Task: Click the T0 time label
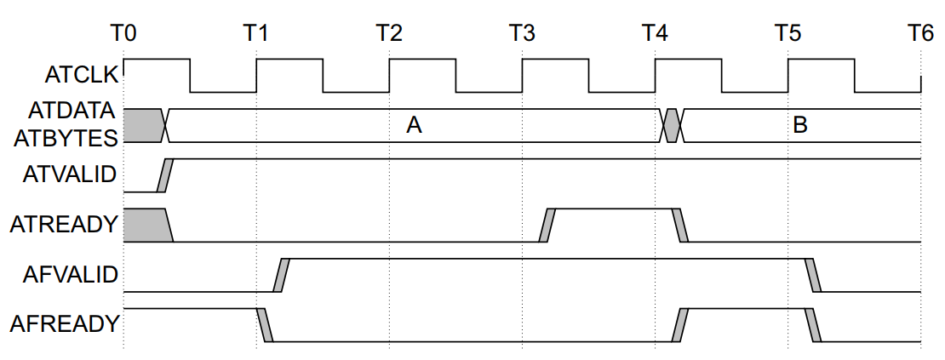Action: (x=123, y=33)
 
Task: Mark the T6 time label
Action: (x=919, y=33)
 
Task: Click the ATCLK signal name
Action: (x=82, y=76)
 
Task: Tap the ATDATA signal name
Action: (x=75, y=111)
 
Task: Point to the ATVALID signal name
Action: (x=72, y=175)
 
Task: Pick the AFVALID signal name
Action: (x=72, y=274)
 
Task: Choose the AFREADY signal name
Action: (x=65, y=323)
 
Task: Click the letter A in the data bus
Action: (x=414, y=126)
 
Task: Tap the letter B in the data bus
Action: (x=799, y=126)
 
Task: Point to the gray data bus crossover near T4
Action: (x=672, y=125)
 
